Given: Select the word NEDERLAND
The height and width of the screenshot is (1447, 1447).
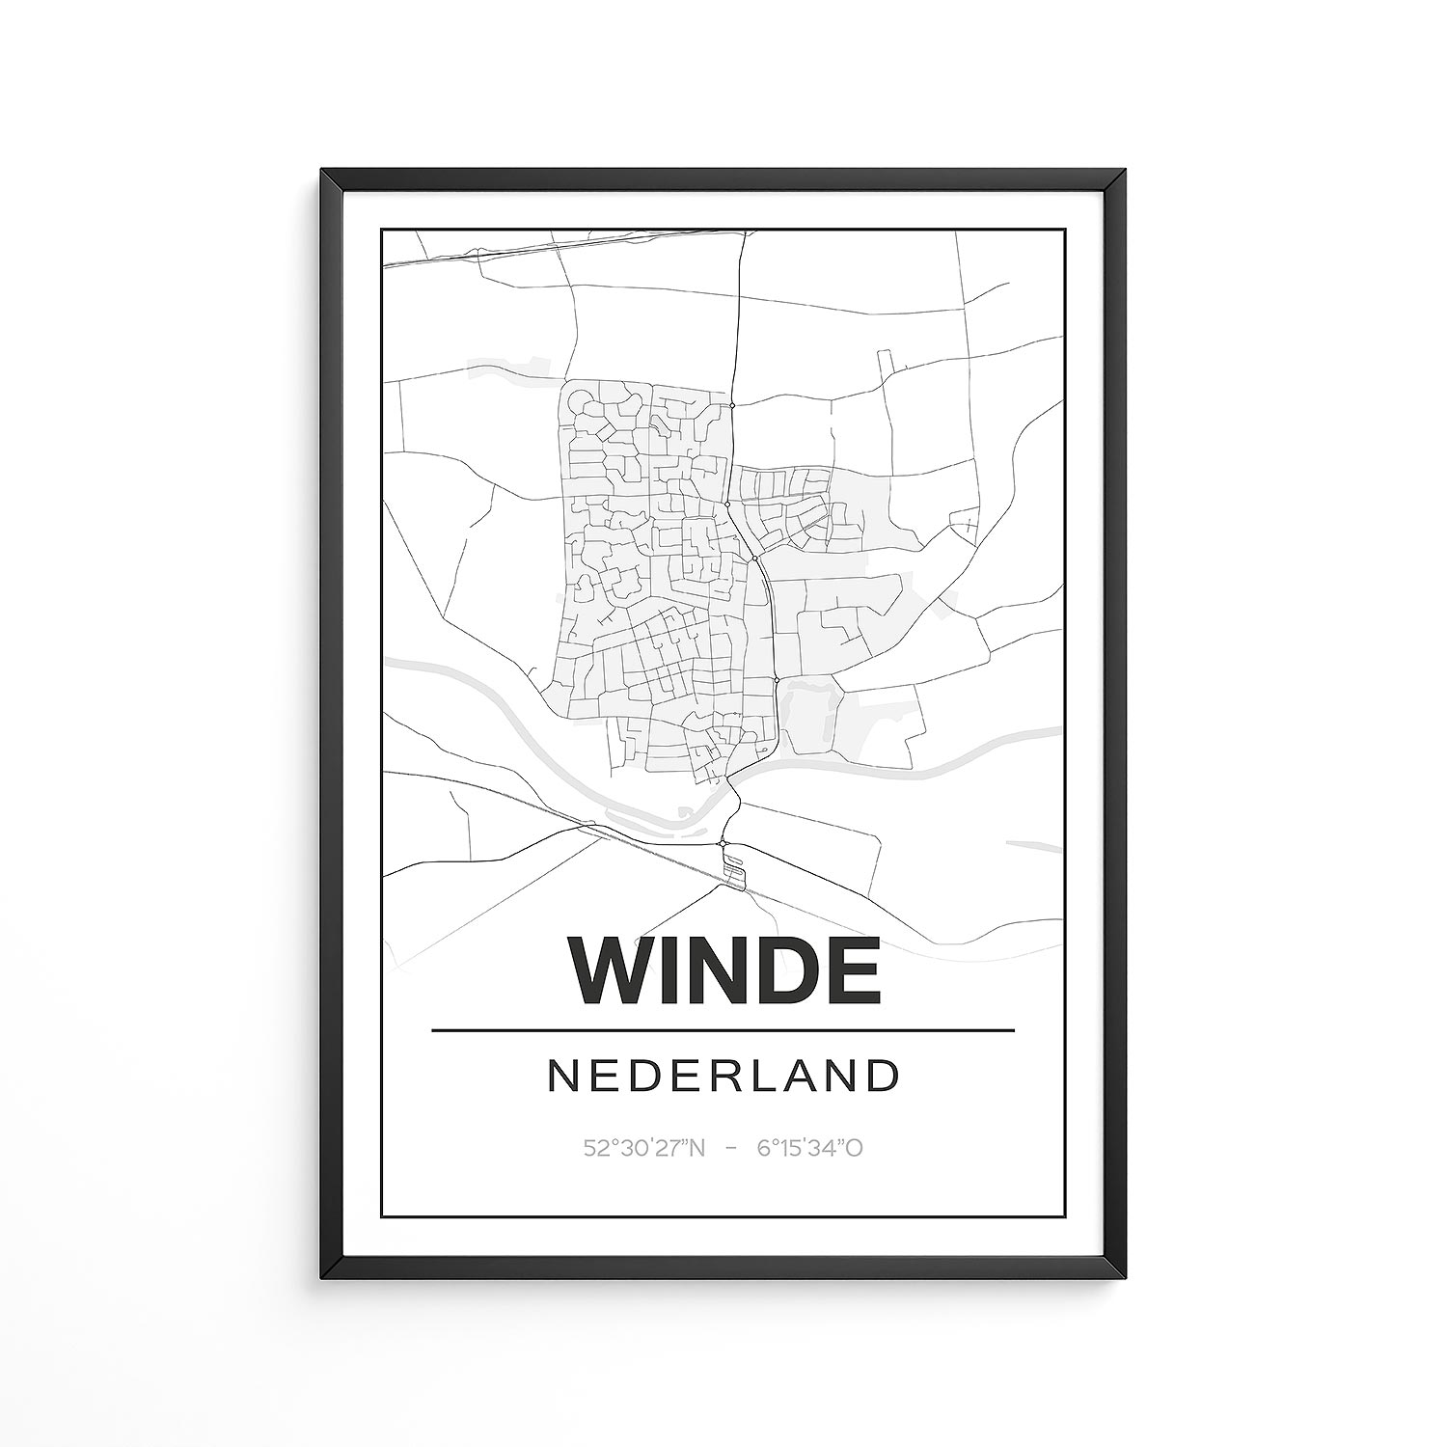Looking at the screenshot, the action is point(723,1077).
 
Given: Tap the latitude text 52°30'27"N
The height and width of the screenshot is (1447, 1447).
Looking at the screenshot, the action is point(644,1148).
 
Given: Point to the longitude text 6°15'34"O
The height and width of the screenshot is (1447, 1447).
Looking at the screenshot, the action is point(809,1148).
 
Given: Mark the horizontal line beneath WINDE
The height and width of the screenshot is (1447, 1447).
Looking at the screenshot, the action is point(723,1030).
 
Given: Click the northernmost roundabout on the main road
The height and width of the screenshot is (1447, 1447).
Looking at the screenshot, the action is point(732,406).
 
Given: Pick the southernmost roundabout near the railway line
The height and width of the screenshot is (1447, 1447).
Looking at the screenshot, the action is point(722,844).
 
